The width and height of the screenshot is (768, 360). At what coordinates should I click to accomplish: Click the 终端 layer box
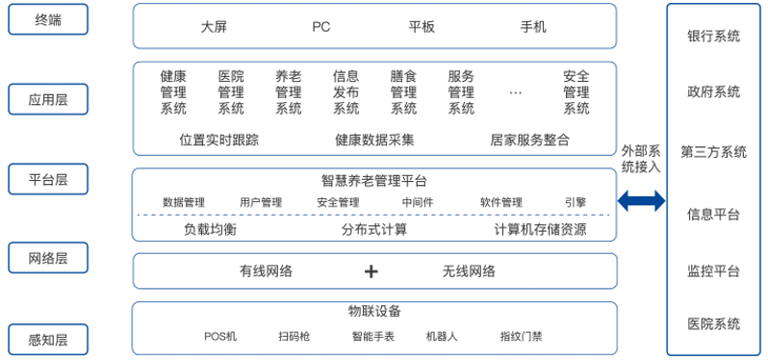(48, 19)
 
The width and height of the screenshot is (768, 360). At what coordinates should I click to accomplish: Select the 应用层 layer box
(48, 98)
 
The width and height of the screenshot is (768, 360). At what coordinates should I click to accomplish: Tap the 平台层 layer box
(48, 179)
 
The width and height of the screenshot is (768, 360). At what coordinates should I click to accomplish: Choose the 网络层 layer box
(48, 258)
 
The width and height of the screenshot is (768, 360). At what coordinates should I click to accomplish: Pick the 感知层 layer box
(48, 339)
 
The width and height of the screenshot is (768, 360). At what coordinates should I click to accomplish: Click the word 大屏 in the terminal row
(214, 27)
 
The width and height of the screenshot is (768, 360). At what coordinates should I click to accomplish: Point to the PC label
(321, 27)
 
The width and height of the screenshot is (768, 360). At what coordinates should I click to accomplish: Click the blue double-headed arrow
(641, 201)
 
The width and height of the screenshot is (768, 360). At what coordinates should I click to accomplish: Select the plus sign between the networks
(371, 271)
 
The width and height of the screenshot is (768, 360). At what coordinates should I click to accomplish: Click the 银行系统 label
(713, 37)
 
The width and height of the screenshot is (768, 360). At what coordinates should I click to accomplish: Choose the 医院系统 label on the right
(713, 323)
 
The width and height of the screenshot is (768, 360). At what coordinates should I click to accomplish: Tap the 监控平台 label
(713, 270)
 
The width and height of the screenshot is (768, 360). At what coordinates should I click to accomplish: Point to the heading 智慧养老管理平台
(374, 180)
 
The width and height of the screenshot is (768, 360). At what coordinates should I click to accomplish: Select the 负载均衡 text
(210, 230)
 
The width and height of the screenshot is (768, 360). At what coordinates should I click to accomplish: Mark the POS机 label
(220, 337)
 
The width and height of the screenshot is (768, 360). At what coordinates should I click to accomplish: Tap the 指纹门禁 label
(521, 337)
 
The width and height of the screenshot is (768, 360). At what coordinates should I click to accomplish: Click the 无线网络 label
(469, 271)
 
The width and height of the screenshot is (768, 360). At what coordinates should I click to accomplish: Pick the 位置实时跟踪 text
(219, 140)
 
